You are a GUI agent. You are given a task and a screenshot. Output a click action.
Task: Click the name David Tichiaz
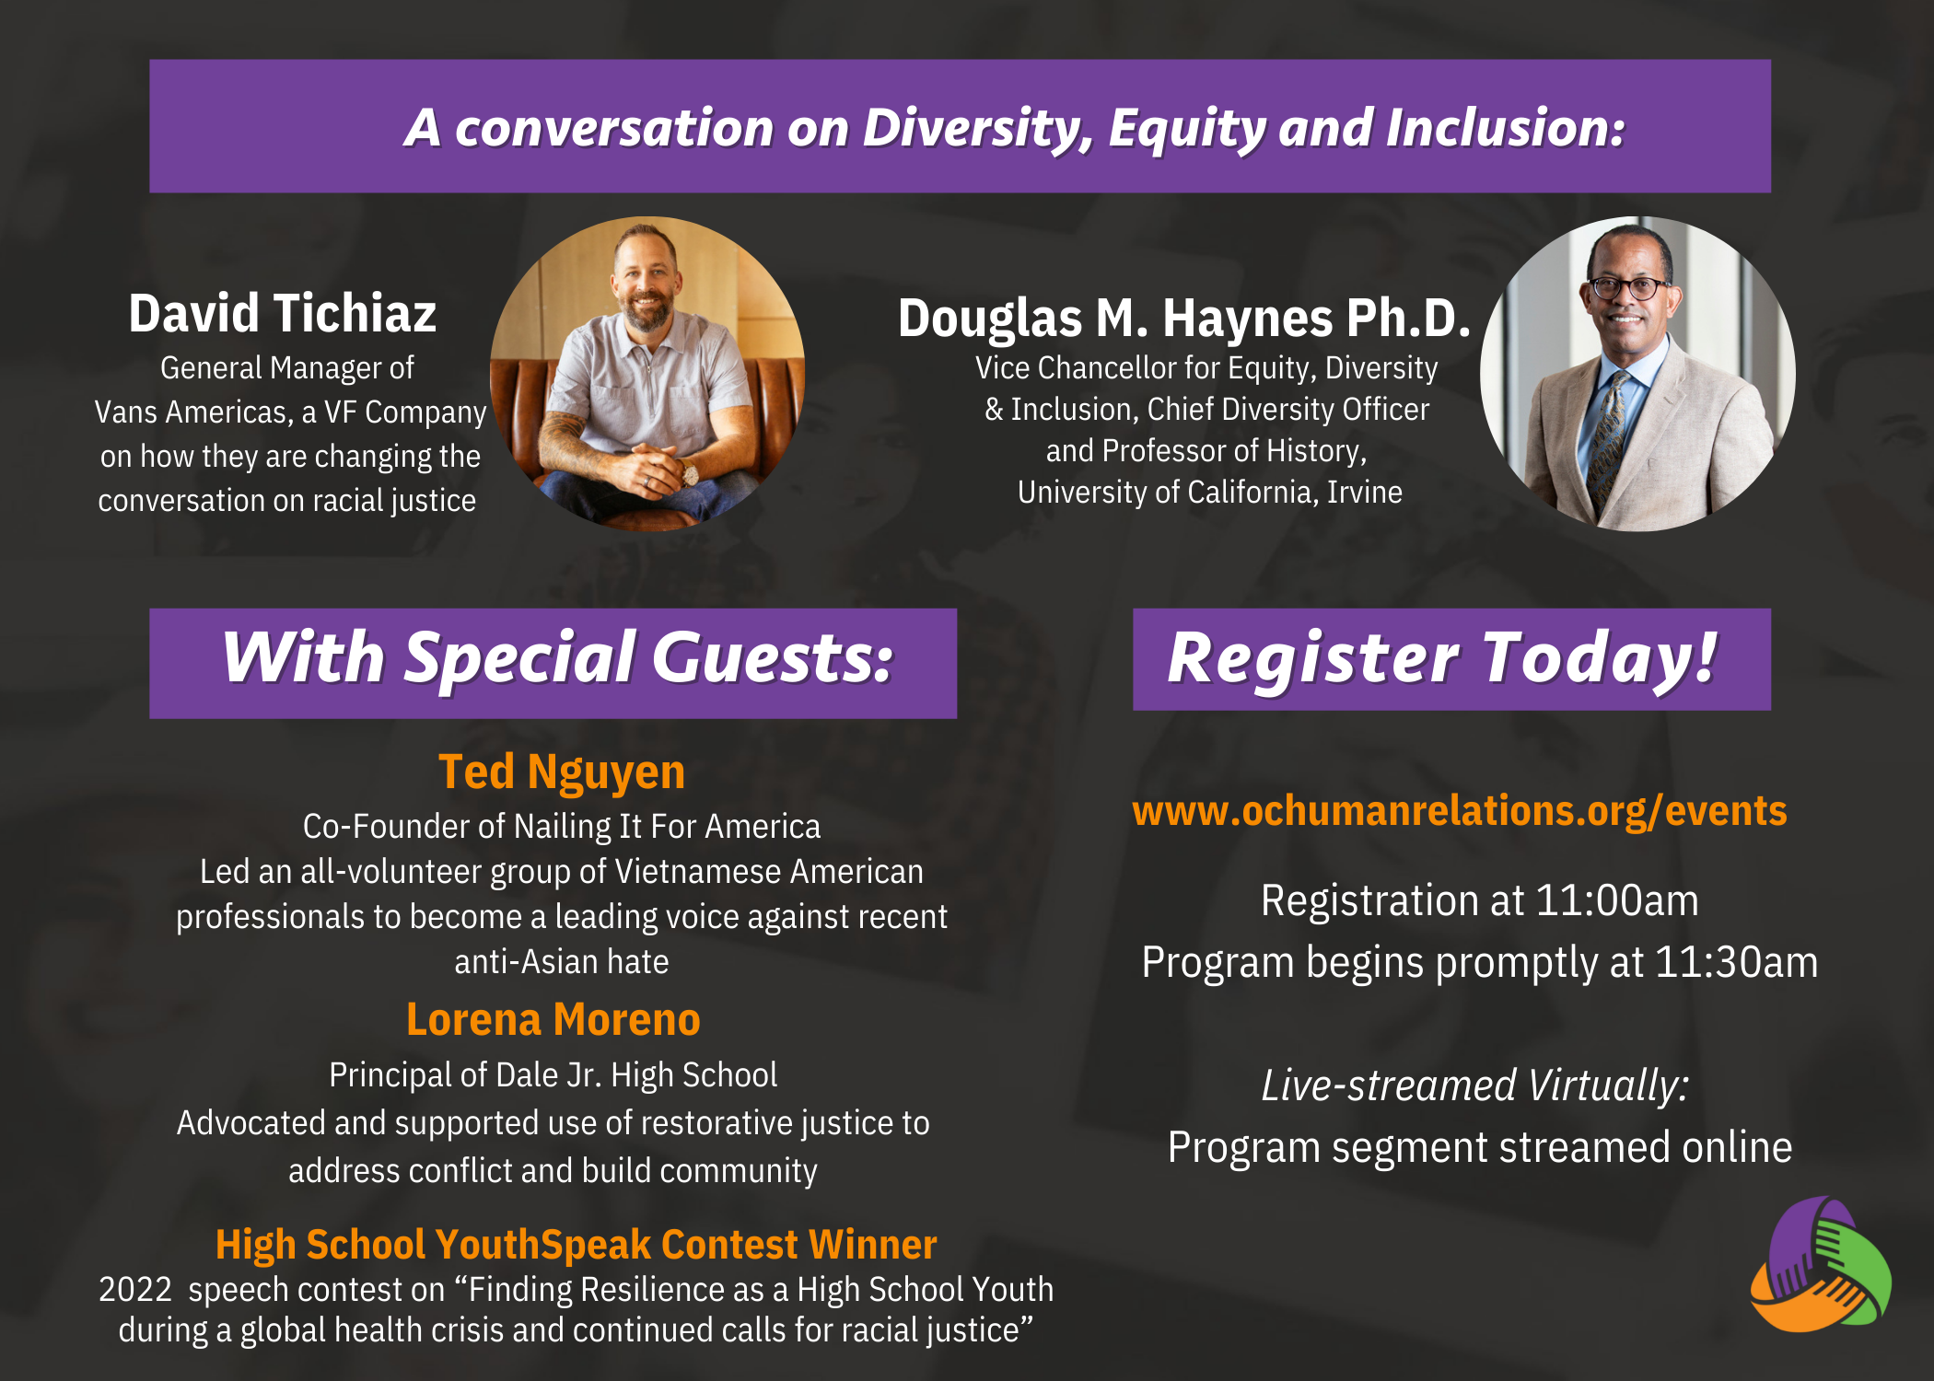[282, 313]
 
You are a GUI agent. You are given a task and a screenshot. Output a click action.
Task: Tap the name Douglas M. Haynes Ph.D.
[1184, 319]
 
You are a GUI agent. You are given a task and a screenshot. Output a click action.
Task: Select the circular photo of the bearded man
[647, 374]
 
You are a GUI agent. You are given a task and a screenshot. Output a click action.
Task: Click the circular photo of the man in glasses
[1637, 374]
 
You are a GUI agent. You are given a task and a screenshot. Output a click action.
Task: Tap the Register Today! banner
[1451, 659]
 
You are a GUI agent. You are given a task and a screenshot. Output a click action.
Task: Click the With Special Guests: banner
[553, 663]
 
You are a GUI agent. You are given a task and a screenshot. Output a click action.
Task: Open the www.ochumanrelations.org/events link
[1460, 811]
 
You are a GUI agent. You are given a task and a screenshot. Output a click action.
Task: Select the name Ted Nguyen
[562, 772]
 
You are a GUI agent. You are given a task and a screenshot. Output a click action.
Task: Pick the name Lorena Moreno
[553, 1020]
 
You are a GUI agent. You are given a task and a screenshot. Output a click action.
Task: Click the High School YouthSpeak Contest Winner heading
[576, 1245]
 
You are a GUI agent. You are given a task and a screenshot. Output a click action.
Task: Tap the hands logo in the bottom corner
[1820, 1264]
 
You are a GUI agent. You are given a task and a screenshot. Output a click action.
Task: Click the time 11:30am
[1737, 962]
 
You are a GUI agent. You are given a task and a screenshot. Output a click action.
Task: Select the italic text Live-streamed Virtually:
[1475, 1085]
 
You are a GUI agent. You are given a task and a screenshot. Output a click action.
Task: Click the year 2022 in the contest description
[135, 1290]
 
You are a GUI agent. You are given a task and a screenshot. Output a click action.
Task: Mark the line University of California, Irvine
[1210, 493]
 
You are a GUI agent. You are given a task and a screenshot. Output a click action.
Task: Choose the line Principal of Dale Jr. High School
[553, 1075]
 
